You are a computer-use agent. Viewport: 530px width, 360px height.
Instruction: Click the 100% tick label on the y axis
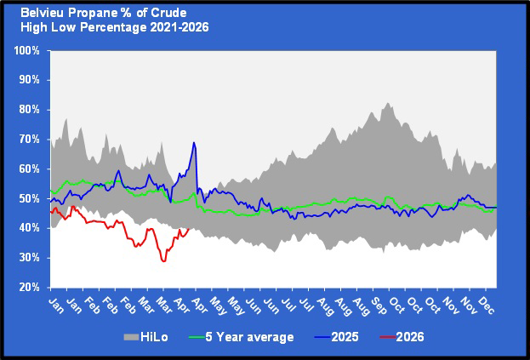tap(27, 50)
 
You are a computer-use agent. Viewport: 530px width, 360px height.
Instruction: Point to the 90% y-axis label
tap(29, 80)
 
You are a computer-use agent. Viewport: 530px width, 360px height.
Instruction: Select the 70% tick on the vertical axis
tap(29, 139)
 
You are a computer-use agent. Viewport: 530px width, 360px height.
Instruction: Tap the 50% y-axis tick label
tap(29, 198)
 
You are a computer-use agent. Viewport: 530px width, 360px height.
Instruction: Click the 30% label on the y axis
tap(29, 258)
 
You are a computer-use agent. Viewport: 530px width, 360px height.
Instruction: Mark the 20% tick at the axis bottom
tap(29, 287)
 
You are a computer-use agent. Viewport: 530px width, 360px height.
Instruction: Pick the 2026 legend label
tap(409, 337)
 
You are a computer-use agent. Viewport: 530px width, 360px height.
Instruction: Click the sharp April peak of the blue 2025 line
tap(194, 143)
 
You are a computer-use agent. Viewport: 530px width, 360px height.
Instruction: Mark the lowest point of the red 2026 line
tap(163, 260)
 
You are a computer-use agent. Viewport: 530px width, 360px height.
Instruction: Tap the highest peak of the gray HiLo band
tap(387, 103)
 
